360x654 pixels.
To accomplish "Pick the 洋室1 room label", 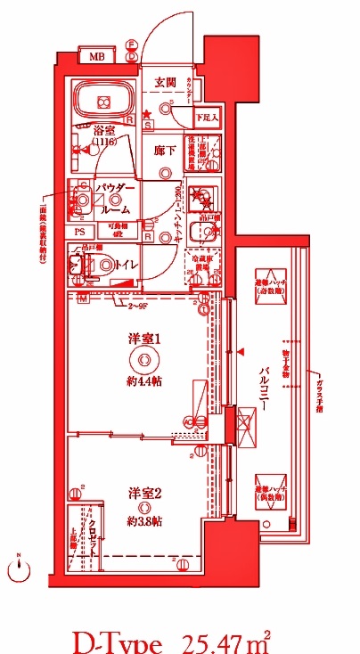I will (x=142, y=339).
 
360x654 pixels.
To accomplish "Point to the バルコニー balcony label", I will (x=265, y=392).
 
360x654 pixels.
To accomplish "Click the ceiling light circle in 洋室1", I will (x=141, y=360).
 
